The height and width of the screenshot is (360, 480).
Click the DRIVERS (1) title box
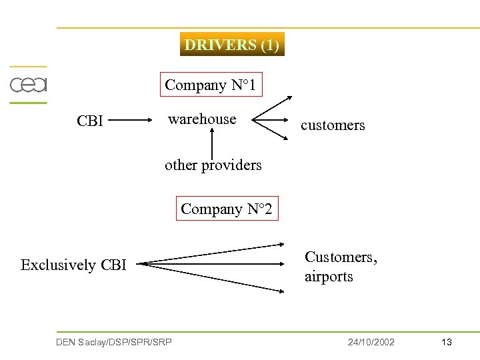[232, 45]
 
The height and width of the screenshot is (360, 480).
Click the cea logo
[28, 85]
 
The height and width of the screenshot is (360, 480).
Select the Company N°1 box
[210, 85]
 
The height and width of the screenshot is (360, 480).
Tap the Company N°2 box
[227, 209]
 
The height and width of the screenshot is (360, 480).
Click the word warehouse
[202, 119]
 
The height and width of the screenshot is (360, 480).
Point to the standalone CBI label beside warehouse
[90, 121]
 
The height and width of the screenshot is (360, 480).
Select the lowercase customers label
[333, 125]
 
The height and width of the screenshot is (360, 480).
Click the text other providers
[213, 165]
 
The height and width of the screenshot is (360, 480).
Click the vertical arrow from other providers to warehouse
[212, 143]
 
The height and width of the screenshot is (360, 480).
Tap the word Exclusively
[59, 265]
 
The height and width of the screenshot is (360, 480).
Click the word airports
[329, 276]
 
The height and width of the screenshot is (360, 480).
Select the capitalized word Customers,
[341, 257]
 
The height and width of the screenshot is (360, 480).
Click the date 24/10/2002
[371, 342]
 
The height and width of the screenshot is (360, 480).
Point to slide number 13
[447, 342]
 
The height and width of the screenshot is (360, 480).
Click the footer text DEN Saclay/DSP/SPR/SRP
[114, 342]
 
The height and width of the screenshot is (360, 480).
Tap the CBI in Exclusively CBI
[113, 265]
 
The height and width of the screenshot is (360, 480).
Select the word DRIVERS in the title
[220, 45]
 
